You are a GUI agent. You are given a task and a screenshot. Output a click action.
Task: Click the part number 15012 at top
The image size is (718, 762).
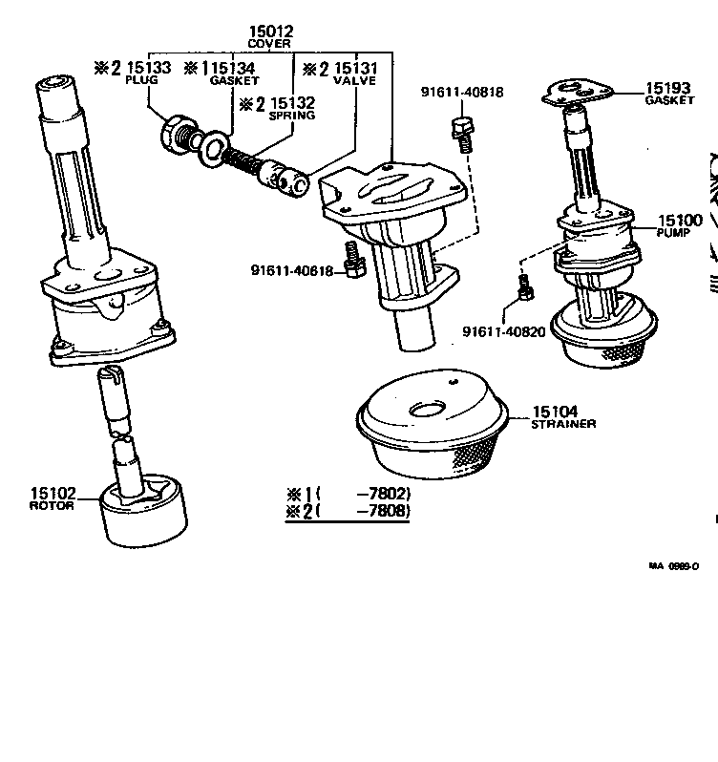tap(270, 32)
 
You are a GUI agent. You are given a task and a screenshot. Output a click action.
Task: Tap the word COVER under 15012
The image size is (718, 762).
tap(270, 44)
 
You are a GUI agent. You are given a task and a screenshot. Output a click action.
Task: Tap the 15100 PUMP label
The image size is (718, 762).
tap(679, 225)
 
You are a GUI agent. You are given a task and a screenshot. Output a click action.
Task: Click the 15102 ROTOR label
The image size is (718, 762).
tap(52, 498)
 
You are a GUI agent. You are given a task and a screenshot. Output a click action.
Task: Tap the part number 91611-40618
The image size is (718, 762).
tap(293, 271)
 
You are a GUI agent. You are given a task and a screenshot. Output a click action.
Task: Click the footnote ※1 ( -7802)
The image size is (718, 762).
tap(348, 494)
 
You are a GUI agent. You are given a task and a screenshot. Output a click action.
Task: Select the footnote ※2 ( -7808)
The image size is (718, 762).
tap(348, 512)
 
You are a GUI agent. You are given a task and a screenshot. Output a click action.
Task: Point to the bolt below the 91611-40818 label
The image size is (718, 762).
tap(463, 133)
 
